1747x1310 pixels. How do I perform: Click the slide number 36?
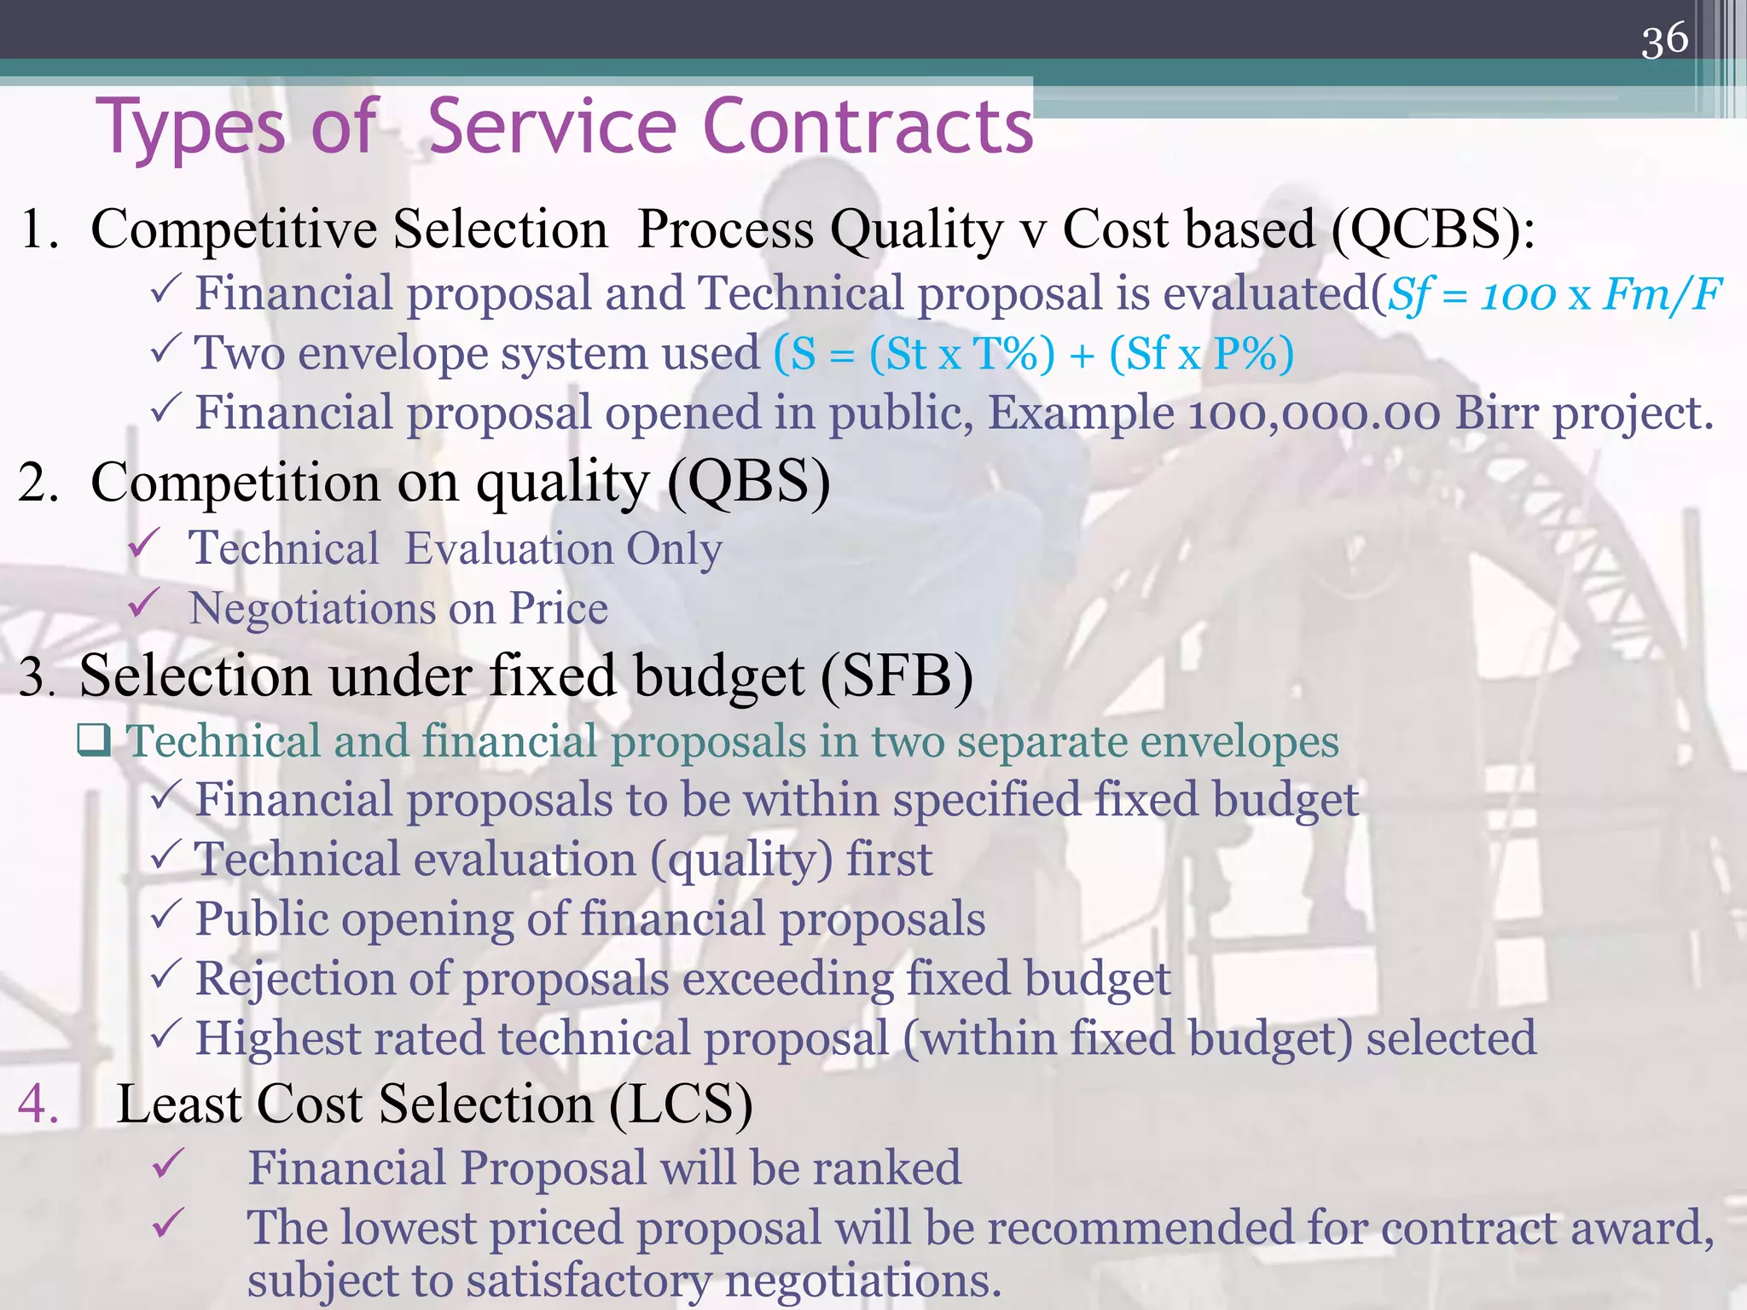[x=1664, y=40]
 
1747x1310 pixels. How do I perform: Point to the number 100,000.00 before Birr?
[x=1314, y=414]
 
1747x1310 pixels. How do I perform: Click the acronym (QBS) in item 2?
[x=748, y=483]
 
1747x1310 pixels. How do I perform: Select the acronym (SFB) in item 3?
[x=897, y=676]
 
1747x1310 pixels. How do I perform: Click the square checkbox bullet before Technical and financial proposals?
[x=94, y=740]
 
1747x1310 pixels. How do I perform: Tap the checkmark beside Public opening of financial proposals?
[x=164, y=914]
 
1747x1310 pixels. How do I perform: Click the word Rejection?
[x=295, y=979]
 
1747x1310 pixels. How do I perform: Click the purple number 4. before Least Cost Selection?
[x=38, y=1104]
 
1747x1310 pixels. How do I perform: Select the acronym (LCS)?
[x=681, y=1104]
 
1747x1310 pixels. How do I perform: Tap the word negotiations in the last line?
[x=862, y=1280]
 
